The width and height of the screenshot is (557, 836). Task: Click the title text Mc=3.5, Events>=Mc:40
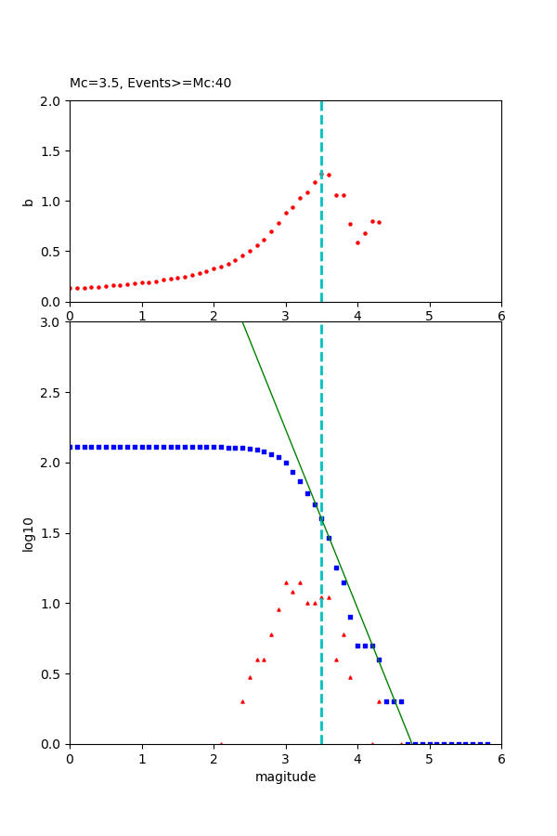tap(150, 83)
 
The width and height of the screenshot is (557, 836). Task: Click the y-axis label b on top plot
tap(28, 201)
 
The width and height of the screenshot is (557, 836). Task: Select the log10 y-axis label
tap(28, 534)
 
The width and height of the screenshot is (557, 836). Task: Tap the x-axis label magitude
tap(285, 777)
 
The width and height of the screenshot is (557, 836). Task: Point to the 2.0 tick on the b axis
tap(52, 100)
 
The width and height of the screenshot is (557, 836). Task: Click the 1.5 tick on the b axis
tap(52, 150)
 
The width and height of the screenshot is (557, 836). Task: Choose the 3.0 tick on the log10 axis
tap(52, 322)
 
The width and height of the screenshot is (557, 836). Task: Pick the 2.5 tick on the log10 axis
tap(52, 392)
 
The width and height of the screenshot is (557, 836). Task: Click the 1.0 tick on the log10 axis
tap(52, 603)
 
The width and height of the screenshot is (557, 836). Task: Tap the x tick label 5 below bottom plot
tap(429, 759)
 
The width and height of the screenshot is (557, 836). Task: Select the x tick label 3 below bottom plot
tap(285, 759)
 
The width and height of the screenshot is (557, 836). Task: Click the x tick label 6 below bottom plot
tap(501, 759)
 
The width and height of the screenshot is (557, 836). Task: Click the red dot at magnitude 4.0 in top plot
tap(357, 242)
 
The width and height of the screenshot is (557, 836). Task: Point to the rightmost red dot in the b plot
tap(379, 222)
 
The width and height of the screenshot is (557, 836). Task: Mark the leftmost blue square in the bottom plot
tap(70, 447)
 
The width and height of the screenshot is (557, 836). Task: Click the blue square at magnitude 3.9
tap(350, 617)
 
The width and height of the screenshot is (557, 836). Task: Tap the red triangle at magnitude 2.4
tap(242, 701)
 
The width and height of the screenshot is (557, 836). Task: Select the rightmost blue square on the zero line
tap(487, 744)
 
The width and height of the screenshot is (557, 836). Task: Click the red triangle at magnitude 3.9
tap(350, 677)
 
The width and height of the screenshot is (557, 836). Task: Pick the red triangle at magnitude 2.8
tap(271, 635)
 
